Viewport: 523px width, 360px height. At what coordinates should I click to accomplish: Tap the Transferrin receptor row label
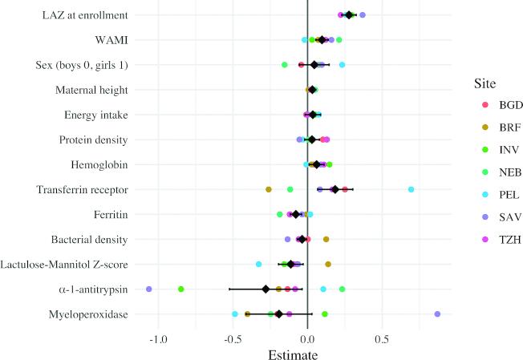click(82, 189)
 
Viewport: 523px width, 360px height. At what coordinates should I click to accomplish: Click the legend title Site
click(484, 83)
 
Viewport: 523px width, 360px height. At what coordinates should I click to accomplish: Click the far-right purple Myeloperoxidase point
click(437, 313)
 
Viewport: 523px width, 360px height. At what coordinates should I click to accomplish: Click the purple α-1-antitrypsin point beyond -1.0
click(149, 289)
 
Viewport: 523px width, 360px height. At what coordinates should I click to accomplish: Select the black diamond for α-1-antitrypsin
click(266, 289)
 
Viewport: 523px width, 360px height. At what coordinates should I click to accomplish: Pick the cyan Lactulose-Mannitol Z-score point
click(259, 264)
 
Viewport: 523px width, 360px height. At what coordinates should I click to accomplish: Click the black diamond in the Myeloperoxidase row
click(279, 313)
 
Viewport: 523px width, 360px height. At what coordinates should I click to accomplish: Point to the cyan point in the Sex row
click(342, 65)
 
